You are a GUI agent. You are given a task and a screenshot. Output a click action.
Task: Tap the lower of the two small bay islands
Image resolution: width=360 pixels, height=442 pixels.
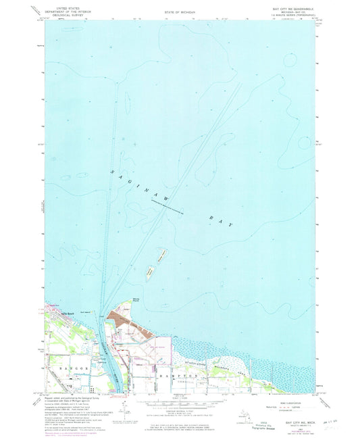coord(151,270)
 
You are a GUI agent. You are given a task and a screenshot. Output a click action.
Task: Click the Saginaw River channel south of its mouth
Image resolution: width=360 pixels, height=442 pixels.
coord(107,345)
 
